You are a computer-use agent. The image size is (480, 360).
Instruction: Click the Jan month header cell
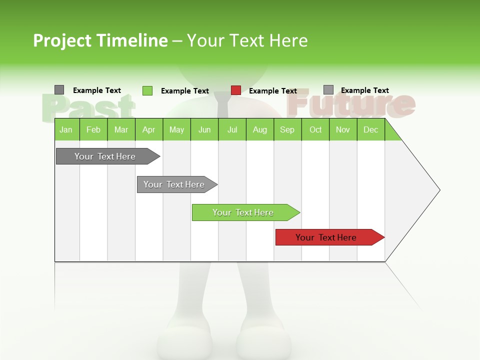click(x=66, y=129)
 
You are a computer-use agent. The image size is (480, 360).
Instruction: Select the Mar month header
click(x=121, y=129)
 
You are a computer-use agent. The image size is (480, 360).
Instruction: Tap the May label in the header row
click(x=176, y=129)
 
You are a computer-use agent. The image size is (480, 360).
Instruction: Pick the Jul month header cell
click(x=232, y=129)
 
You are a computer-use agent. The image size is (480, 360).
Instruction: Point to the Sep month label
click(x=287, y=129)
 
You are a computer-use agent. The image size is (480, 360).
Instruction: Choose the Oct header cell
click(x=315, y=129)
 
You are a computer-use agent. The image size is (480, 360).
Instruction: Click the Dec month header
click(x=370, y=129)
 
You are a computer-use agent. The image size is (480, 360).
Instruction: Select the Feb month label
click(x=93, y=129)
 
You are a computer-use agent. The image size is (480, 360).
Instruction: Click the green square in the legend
click(x=147, y=90)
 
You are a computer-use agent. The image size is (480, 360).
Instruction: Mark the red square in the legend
click(x=236, y=90)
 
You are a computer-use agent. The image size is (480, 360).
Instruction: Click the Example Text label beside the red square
click(x=273, y=91)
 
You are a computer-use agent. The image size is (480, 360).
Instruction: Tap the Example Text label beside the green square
click(x=185, y=91)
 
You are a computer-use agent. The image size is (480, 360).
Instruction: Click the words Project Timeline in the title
click(x=100, y=40)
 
